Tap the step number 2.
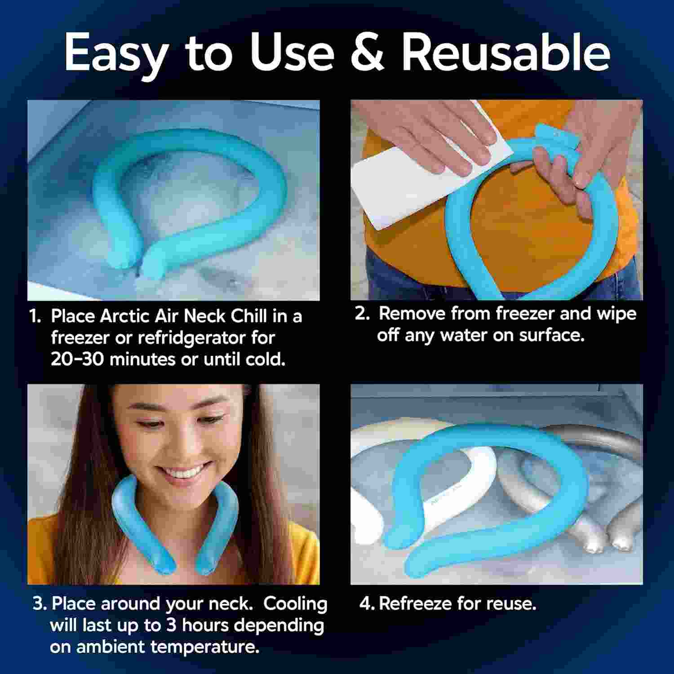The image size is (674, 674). click(362, 313)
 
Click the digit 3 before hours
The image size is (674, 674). click(171, 625)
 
